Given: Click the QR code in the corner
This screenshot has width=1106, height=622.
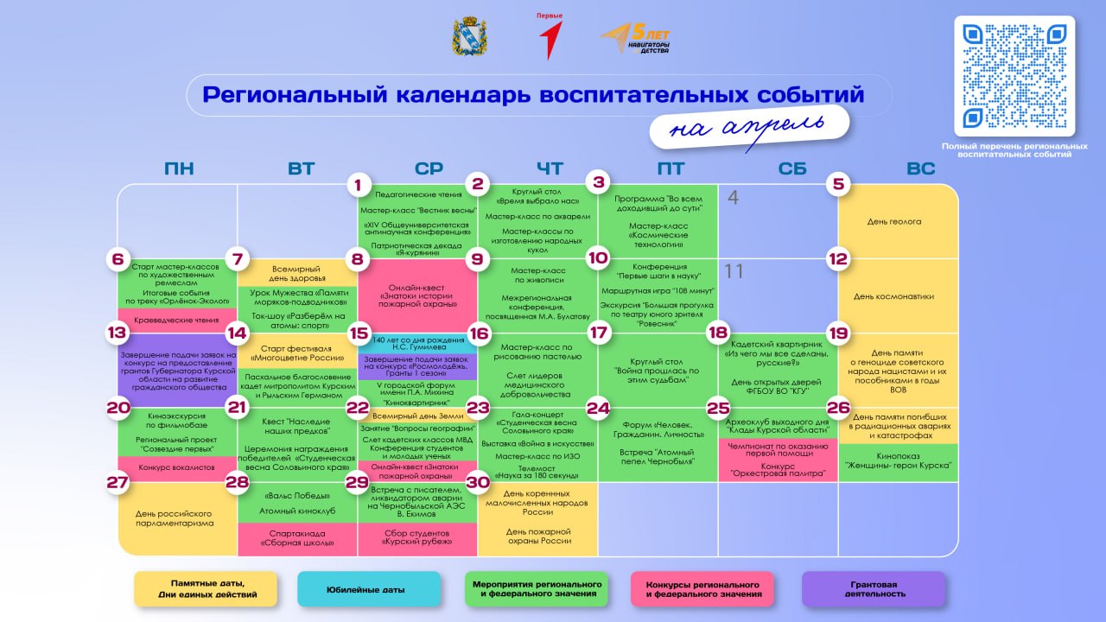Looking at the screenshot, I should pyautogui.click(x=1014, y=76).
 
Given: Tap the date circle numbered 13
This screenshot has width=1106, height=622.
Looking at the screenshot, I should pyautogui.click(x=117, y=333).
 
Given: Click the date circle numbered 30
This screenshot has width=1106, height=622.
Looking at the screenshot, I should pyautogui.click(x=477, y=482).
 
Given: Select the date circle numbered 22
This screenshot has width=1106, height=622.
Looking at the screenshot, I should pyautogui.click(x=357, y=408).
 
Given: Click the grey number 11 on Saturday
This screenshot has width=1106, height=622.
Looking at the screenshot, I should pyautogui.click(x=734, y=271).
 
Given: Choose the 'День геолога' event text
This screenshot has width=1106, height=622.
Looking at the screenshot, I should pyautogui.click(x=894, y=221).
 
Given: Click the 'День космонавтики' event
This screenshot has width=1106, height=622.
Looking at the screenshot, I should pyautogui.click(x=894, y=296).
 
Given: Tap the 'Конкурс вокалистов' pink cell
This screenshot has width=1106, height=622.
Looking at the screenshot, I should pyautogui.click(x=177, y=467).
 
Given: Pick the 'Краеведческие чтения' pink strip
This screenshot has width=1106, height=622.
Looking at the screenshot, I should pyautogui.click(x=177, y=321).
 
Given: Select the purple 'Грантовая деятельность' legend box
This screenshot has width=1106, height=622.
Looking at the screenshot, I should pyautogui.click(x=874, y=589).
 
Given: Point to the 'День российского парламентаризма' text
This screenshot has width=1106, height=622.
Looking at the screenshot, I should pyautogui.click(x=177, y=518).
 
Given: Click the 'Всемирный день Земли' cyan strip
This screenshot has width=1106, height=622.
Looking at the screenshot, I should pyautogui.click(x=417, y=416).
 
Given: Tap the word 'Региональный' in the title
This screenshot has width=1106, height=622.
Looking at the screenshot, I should pyautogui.click(x=295, y=94).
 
